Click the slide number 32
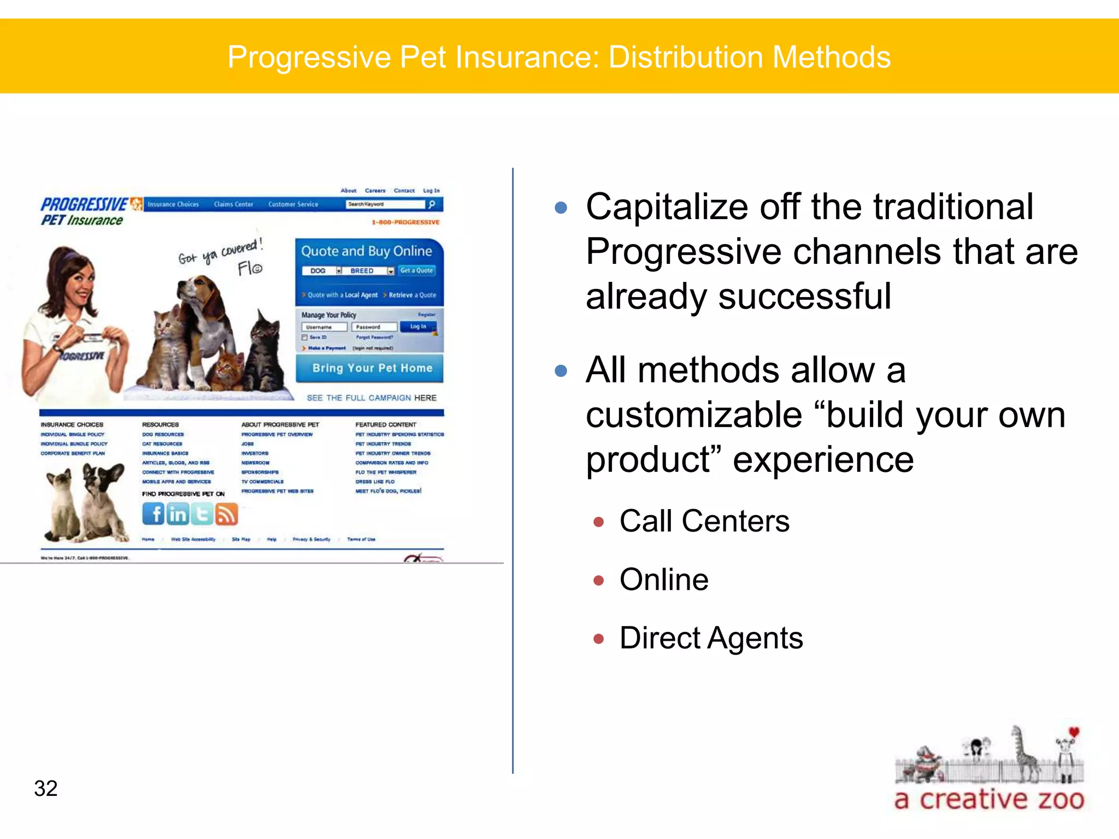[x=46, y=788]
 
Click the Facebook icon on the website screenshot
[x=154, y=513]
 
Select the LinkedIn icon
[x=178, y=514]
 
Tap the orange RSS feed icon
[x=226, y=514]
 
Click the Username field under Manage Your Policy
[x=325, y=327]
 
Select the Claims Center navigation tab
[x=233, y=204]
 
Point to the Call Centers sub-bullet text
[x=704, y=521]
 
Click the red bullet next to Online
[x=599, y=580]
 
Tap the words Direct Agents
[x=711, y=637]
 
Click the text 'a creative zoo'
[x=989, y=799]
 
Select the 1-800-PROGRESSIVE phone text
[x=405, y=222]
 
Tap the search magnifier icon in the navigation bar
[x=432, y=204]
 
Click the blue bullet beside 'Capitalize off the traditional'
[x=561, y=208]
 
